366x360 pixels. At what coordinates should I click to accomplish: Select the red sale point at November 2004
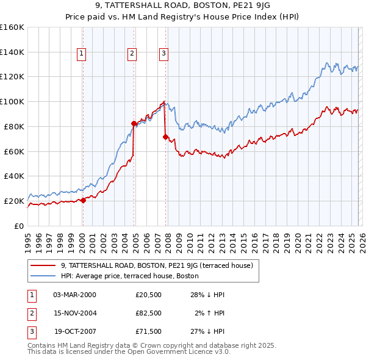click(134, 123)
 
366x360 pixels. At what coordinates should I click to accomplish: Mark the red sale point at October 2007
click(165, 137)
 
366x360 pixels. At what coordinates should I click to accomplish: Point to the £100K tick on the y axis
click(12, 101)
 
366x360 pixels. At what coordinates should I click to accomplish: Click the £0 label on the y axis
click(18, 226)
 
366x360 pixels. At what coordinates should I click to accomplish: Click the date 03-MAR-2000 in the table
click(74, 295)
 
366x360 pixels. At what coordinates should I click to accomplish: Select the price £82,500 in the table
click(148, 313)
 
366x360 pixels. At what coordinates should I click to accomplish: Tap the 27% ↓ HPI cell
click(207, 331)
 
